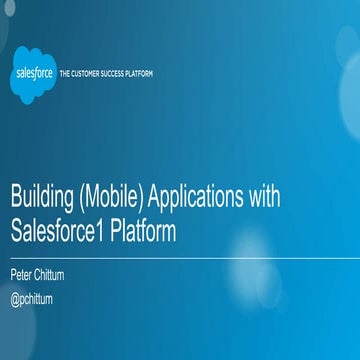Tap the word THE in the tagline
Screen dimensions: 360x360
[x=67, y=74]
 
